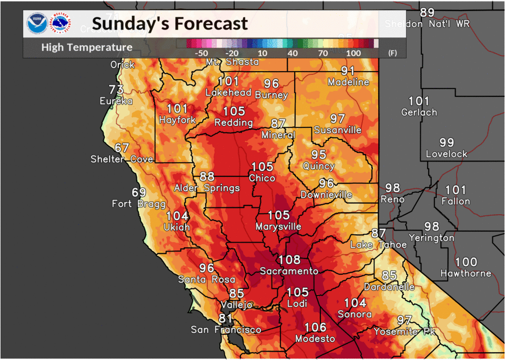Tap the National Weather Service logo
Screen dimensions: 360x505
click(60, 24)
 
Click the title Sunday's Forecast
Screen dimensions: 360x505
click(169, 24)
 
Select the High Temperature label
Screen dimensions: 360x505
click(87, 47)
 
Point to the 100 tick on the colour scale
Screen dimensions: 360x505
click(353, 53)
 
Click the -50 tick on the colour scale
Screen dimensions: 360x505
click(201, 53)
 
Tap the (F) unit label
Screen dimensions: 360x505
click(392, 53)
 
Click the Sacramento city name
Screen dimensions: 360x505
click(289, 271)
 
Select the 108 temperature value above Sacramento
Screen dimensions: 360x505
click(289, 259)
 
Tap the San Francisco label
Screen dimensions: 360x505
click(226, 330)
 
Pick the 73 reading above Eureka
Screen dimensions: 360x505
click(116, 89)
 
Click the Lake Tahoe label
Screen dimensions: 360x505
click(379, 245)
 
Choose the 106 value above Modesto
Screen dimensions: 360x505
click(315, 327)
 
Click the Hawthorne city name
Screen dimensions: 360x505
click(466, 274)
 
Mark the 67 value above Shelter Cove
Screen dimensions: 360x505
click(122, 148)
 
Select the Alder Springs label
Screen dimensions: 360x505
click(207, 188)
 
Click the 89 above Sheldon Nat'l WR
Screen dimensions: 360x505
click(427, 13)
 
